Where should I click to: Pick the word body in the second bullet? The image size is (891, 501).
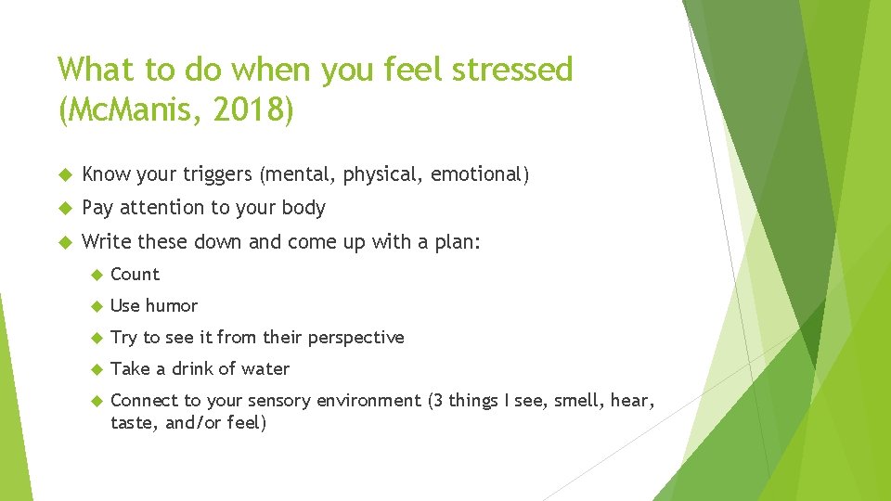(303, 208)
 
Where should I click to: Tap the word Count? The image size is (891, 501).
(135, 275)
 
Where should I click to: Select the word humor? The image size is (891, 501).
(172, 306)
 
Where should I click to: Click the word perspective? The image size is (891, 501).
(357, 338)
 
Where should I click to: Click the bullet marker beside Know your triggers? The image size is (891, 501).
(64, 174)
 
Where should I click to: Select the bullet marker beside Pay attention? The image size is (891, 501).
(64, 208)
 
